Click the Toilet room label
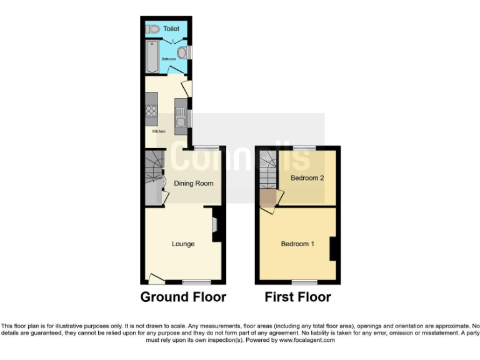click(x=171, y=29)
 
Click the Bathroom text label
click(x=169, y=59)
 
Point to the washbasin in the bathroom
click(x=182, y=52)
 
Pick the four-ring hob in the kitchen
click(x=151, y=112)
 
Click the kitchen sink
click(x=180, y=116)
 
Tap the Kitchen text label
click(x=159, y=131)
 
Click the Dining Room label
click(x=194, y=184)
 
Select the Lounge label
click(x=183, y=244)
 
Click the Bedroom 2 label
click(x=307, y=177)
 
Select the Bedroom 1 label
click(x=297, y=244)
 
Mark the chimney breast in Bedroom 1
click(x=334, y=248)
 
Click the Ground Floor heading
click(x=183, y=297)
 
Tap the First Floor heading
click(x=297, y=297)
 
